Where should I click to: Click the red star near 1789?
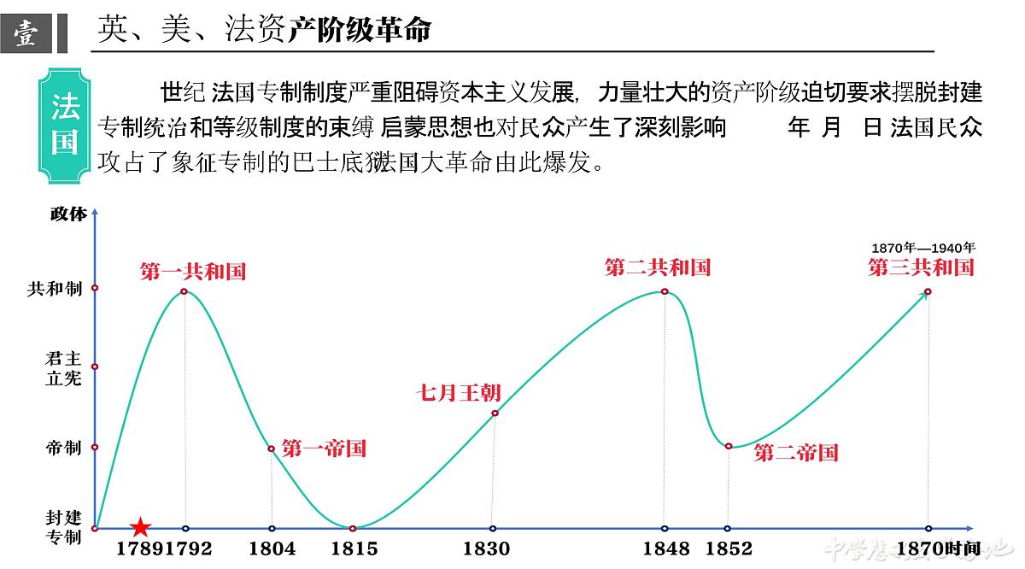pos(140,528)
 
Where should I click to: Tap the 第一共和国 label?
pos(193,272)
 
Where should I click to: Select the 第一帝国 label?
pos(324,449)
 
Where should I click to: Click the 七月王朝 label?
pos(459,393)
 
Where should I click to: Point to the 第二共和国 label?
pos(658,267)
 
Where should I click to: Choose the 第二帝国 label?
pos(796,453)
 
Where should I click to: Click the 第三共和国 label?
pos(921,267)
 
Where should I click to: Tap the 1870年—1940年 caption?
pos(922,248)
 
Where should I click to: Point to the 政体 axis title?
pos(68,214)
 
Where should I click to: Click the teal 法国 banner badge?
pos(65,125)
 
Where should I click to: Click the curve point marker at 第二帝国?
pos(728,446)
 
